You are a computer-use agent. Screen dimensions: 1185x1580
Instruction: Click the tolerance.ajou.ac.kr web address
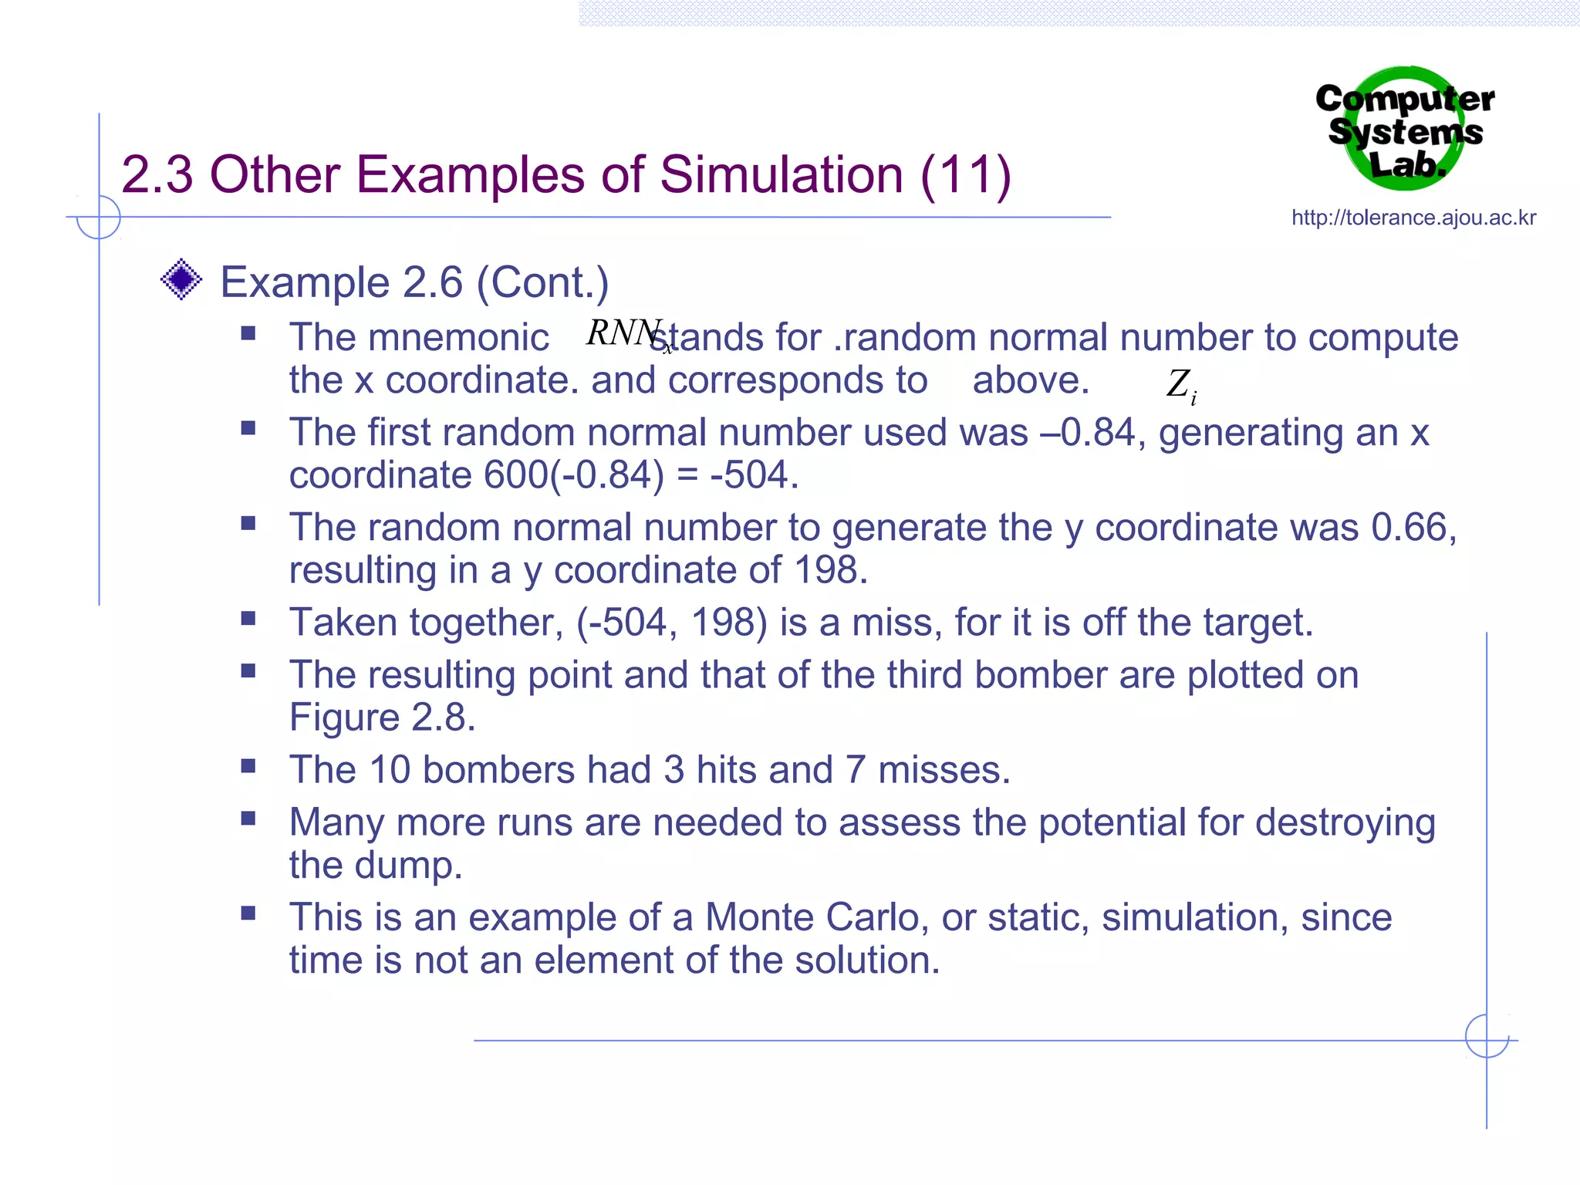[x=1413, y=218]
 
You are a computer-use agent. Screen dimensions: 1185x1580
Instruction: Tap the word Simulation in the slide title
[x=781, y=174]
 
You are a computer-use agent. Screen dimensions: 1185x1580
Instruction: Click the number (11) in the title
[x=965, y=174]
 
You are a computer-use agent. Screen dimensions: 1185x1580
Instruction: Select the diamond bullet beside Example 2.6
[x=181, y=279]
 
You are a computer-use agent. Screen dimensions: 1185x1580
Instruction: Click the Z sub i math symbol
[x=1180, y=384]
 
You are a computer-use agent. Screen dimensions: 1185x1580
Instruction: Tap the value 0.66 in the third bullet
[x=1410, y=528]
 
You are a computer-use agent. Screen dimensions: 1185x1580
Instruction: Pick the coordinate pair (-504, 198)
[x=671, y=623]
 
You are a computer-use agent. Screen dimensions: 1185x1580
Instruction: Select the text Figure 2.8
[x=382, y=717]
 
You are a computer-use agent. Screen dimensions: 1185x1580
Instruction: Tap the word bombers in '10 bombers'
[x=498, y=770]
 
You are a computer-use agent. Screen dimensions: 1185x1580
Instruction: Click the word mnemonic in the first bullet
[x=458, y=338]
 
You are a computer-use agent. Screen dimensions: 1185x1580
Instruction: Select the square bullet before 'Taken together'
[x=248, y=619]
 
